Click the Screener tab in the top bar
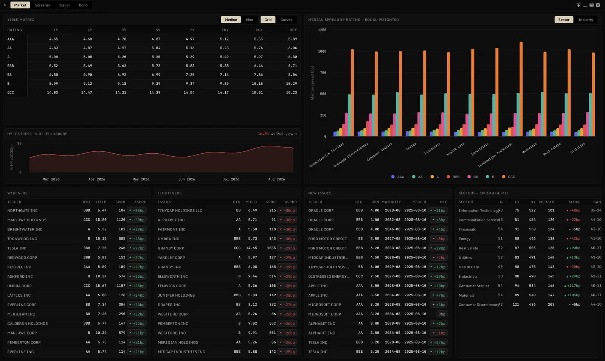(42, 5)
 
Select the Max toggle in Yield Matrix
(249, 20)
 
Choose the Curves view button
(286, 20)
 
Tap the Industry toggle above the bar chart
(586, 20)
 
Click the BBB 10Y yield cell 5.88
(224, 66)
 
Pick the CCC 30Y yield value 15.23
(292, 92)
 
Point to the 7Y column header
(192, 30)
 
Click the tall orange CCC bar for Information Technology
(521, 89)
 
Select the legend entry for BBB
(453, 177)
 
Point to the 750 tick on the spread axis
(323, 72)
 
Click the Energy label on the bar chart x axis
(411, 146)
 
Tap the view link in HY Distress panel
(291, 134)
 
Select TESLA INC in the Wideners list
(17, 248)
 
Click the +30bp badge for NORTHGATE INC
(137, 210)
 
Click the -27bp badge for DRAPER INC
(287, 305)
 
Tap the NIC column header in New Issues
(444, 202)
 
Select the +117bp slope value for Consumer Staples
(572, 286)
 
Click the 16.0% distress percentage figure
(263, 134)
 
